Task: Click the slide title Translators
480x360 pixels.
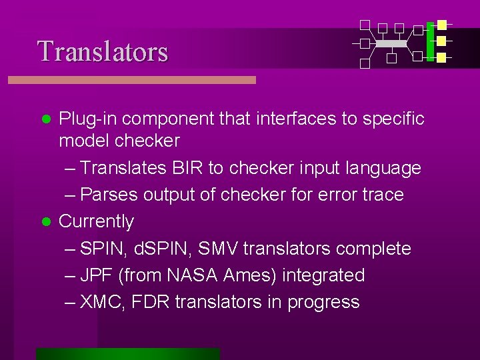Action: coord(103,51)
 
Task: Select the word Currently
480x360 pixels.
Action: coord(97,221)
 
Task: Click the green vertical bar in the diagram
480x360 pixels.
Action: coord(430,41)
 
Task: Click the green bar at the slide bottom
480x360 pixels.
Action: coord(127,354)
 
